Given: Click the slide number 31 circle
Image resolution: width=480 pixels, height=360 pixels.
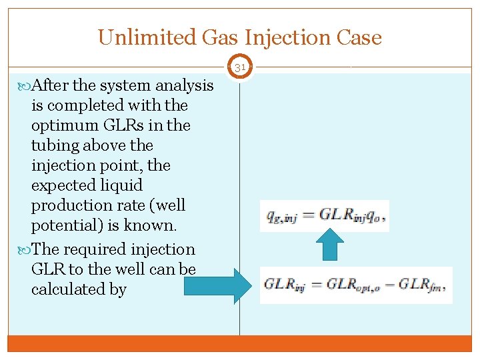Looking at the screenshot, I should [x=240, y=67].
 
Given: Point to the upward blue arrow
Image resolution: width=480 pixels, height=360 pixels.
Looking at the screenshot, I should [x=329, y=246].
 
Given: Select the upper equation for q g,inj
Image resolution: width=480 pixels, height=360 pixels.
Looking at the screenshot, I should [x=324, y=215].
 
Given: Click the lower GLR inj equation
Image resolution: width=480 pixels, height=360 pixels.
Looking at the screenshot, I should [x=355, y=285].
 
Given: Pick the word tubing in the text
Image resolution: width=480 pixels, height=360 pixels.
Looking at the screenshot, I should [x=53, y=145].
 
